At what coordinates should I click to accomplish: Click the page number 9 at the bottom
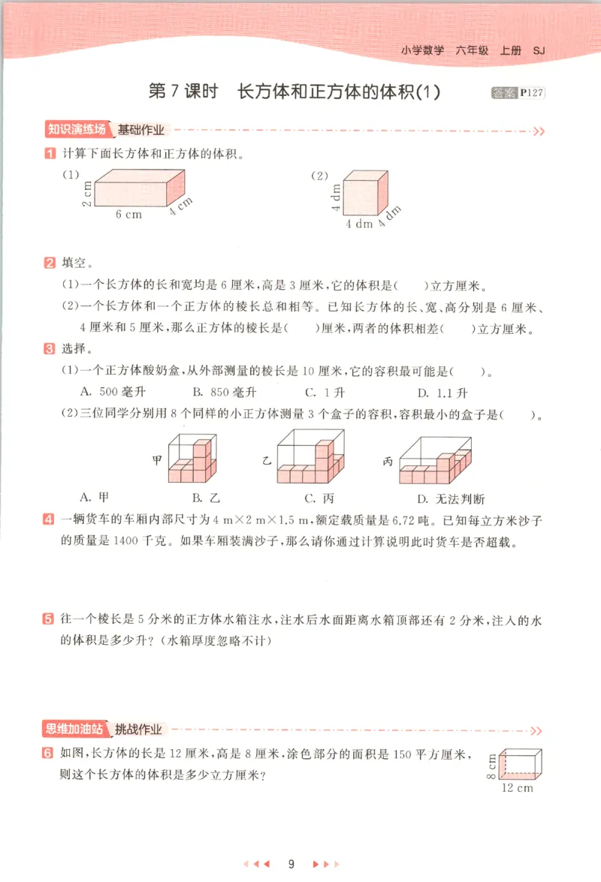coord(291,863)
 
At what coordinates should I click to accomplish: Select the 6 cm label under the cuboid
coord(128,214)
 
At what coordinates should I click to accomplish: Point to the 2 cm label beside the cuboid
coord(87,194)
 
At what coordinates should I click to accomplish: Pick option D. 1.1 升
coord(442,392)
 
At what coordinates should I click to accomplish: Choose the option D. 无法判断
coord(451,498)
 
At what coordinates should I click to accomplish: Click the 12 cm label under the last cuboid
coord(518,787)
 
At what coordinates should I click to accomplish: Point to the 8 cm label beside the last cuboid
coord(491,766)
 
